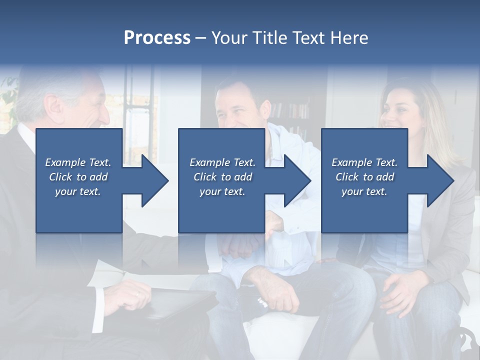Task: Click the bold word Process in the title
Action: point(157,38)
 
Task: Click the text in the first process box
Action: point(78,177)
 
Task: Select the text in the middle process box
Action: point(222,177)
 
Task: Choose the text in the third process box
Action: point(364,177)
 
